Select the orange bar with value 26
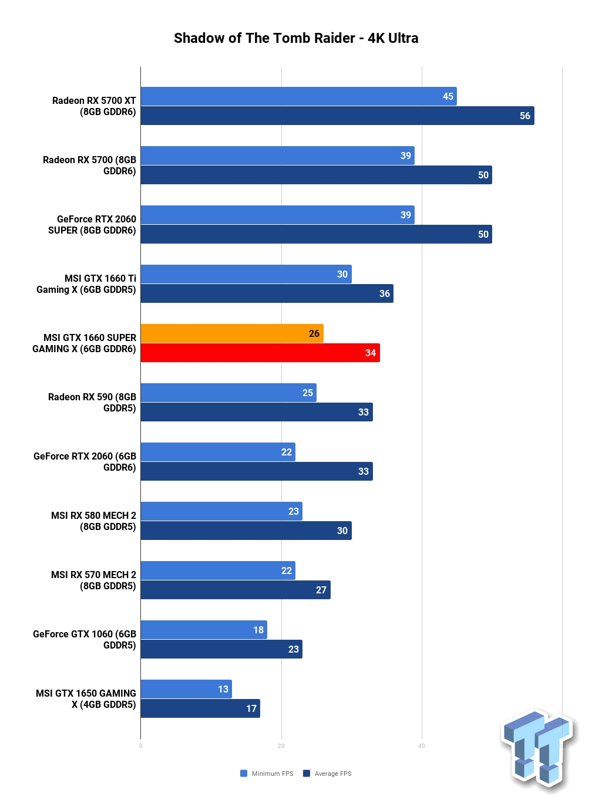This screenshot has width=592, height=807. coord(232,333)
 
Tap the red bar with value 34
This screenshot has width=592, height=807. coord(260,353)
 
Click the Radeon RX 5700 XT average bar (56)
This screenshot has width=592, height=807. coord(337,116)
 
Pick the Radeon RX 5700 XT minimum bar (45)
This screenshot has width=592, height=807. coord(298,96)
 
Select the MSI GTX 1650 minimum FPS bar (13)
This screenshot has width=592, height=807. coord(186,689)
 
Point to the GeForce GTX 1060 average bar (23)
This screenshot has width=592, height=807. coord(221,649)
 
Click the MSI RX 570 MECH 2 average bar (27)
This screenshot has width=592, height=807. coord(236,590)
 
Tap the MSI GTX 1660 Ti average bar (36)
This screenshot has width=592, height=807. coord(267,293)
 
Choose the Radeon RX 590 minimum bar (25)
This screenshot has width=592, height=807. coord(228,392)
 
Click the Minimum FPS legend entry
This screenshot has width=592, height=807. coord(267,774)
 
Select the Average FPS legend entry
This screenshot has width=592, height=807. coord(327,774)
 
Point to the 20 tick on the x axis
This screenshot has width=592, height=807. coord(281,746)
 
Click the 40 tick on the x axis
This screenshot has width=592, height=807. coord(422,746)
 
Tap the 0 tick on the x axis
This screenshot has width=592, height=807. coord(140,746)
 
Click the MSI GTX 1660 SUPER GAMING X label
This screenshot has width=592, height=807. coord(85,343)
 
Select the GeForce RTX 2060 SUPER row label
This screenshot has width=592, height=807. coord(92,224)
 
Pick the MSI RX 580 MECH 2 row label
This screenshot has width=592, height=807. coord(94,521)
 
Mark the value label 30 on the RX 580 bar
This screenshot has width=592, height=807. coord(342,531)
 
